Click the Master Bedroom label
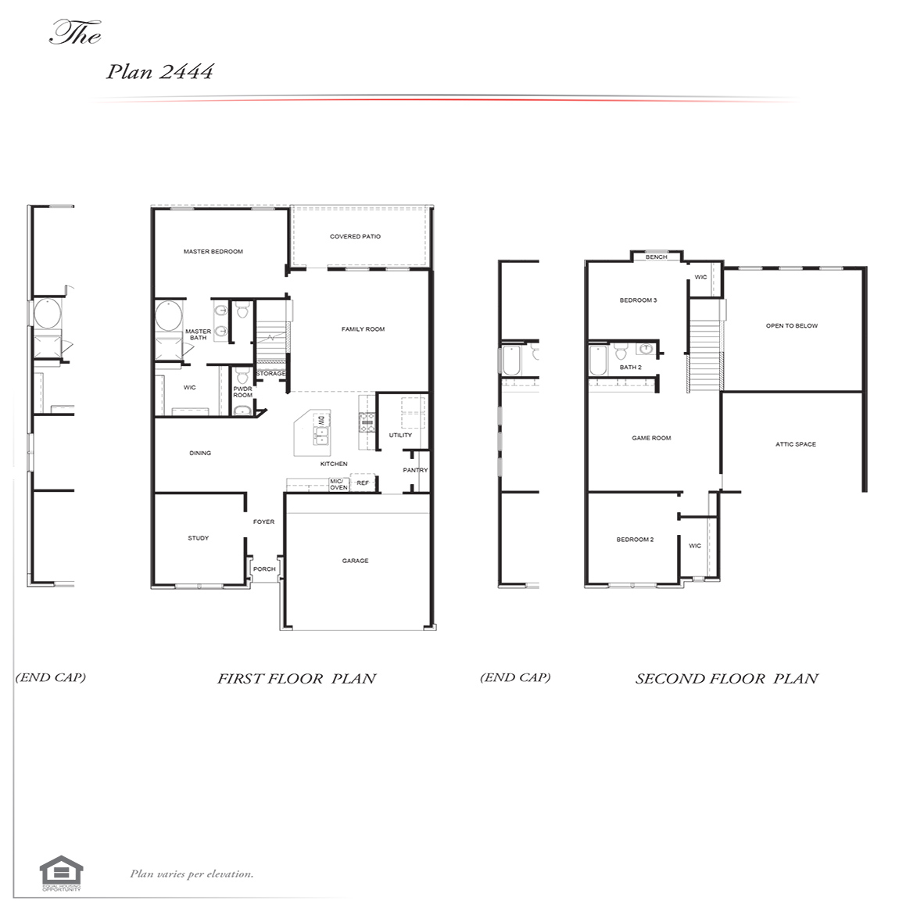tap(213, 252)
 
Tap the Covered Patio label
tap(355, 236)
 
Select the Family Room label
tap(363, 329)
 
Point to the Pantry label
tap(415, 470)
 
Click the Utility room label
tap(400, 435)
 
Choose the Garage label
tap(355, 561)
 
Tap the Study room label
tap(198, 538)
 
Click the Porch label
tap(264, 569)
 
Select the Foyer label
tap(263, 522)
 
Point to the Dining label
tap(200, 453)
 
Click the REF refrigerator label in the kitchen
tap(363, 483)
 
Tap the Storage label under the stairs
tap(271, 374)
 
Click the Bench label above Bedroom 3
tap(657, 257)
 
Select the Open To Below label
tap(792, 325)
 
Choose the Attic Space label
tap(795, 444)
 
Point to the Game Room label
tap(651, 438)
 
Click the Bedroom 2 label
tap(635, 540)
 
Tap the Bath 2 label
tap(630, 367)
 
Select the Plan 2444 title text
tap(159, 72)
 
